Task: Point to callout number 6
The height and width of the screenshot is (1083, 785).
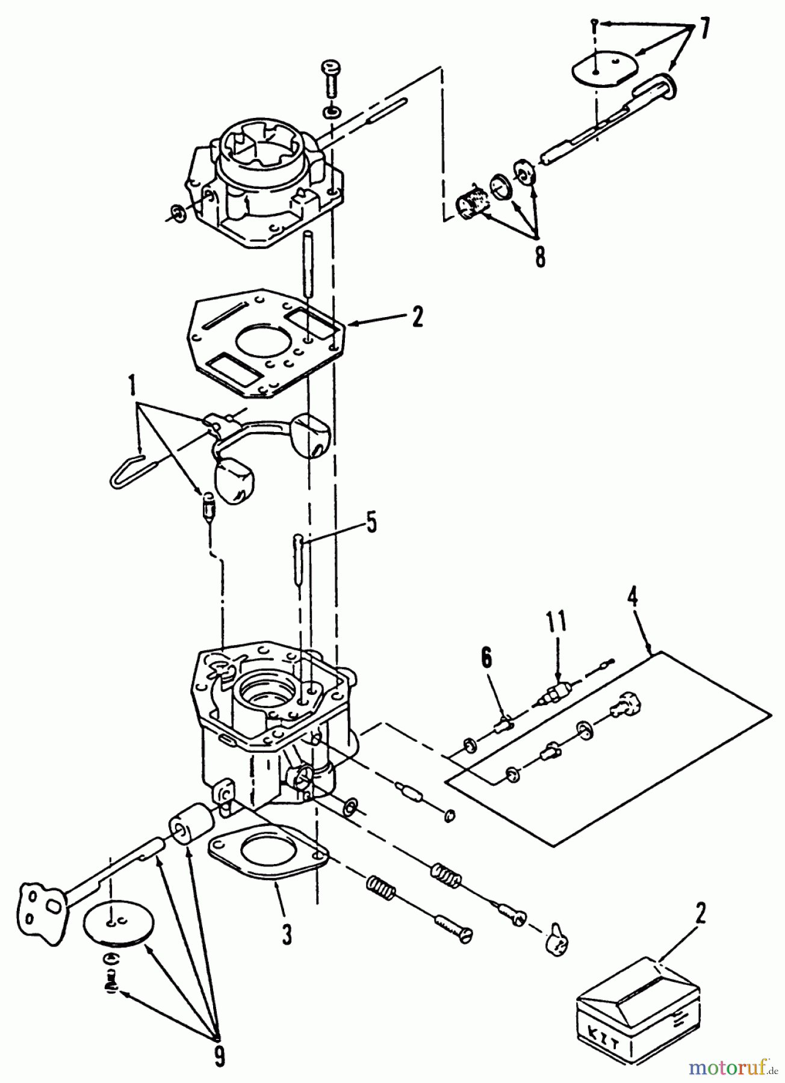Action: click(x=486, y=658)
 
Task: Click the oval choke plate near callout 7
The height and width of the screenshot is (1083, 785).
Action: click(x=603, y=68)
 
